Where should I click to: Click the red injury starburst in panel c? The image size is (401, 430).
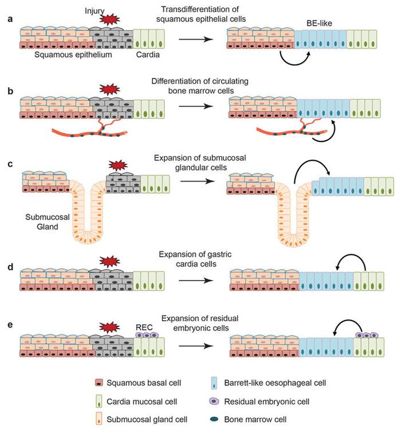(x=117, y=165)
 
